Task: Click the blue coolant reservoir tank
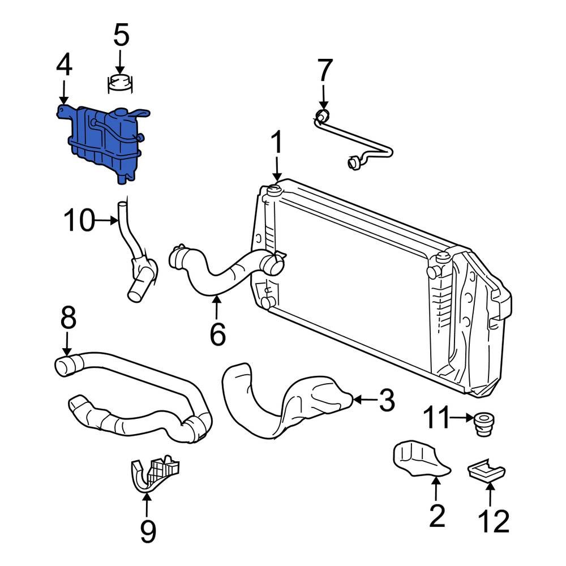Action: tap(102, 141)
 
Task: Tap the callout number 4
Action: tap(63, 66)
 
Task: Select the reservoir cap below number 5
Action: tap(121, 84)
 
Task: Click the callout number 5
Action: tap(121, 36)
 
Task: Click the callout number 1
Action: tap(277, 144)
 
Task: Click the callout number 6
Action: tap(217, 334)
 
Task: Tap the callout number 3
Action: tap(385, 401)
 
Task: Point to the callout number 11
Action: tap(438, 419)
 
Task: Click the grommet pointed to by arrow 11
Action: tap(482, 425)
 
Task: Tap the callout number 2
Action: tap(436, 516)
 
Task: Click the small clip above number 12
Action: tap(486, 470)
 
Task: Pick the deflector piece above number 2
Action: tap(419, 458)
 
